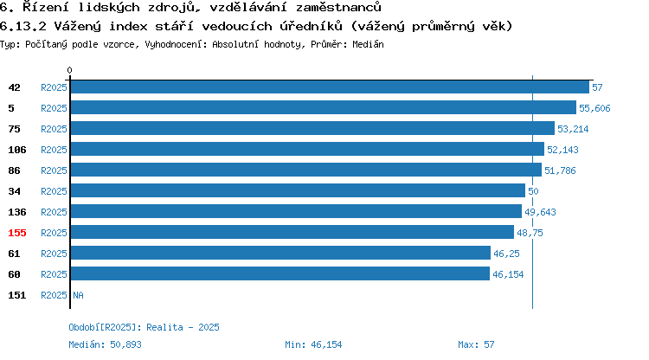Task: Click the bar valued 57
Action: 330,87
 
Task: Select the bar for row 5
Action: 324,107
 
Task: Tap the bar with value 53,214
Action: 313,128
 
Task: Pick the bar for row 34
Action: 298,190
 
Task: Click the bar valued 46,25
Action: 280,253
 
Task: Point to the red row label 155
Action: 17,233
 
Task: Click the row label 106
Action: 17,150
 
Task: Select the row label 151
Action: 17,295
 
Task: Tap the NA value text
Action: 78,295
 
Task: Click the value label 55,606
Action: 594,108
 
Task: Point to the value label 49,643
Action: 540,212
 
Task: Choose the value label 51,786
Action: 560,170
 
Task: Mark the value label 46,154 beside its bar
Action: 508,274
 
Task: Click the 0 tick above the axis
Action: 69,70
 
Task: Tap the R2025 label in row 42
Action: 54,87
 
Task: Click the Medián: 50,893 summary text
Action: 105,344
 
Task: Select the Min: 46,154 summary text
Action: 313,344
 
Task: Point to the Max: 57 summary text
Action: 476,344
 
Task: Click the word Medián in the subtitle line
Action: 368,44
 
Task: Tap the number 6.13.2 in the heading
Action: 23,27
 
